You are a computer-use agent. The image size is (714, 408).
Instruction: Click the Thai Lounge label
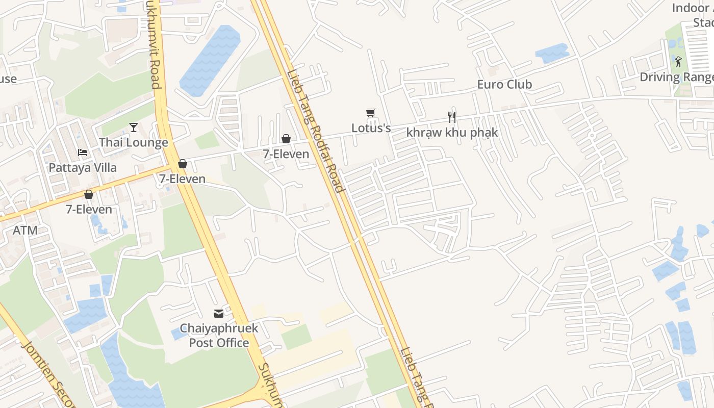click(134, 142)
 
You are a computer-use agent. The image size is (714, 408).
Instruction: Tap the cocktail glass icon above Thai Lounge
click(134, 127)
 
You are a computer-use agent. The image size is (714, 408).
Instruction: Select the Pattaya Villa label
click(83, 167)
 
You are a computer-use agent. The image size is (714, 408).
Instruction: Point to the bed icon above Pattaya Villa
click(83, 152)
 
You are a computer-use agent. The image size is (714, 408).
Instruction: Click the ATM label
click(25, 230)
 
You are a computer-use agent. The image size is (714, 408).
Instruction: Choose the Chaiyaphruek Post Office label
click(219, 335)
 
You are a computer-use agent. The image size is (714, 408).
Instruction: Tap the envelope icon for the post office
click(219, 313)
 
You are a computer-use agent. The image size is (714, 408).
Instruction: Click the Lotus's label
click(371, 128)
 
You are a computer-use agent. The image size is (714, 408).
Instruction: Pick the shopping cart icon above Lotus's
click(371, 113)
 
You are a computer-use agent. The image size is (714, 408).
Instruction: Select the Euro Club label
click(504, 84)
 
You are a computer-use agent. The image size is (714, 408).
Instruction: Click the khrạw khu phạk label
click(452, 133)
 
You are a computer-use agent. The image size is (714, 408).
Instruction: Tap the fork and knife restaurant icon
click(452, 117)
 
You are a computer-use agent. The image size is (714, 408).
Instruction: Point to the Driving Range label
click(677, 77)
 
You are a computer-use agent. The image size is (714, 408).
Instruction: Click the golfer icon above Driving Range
click(678, 62)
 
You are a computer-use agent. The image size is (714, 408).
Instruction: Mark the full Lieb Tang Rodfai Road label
click(315, 130)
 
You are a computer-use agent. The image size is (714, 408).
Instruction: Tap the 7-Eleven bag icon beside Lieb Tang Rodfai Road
click(286, 139)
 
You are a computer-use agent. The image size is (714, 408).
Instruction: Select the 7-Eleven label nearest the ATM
click(89, 209)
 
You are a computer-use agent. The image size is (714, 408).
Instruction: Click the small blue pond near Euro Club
click(552, 53)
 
